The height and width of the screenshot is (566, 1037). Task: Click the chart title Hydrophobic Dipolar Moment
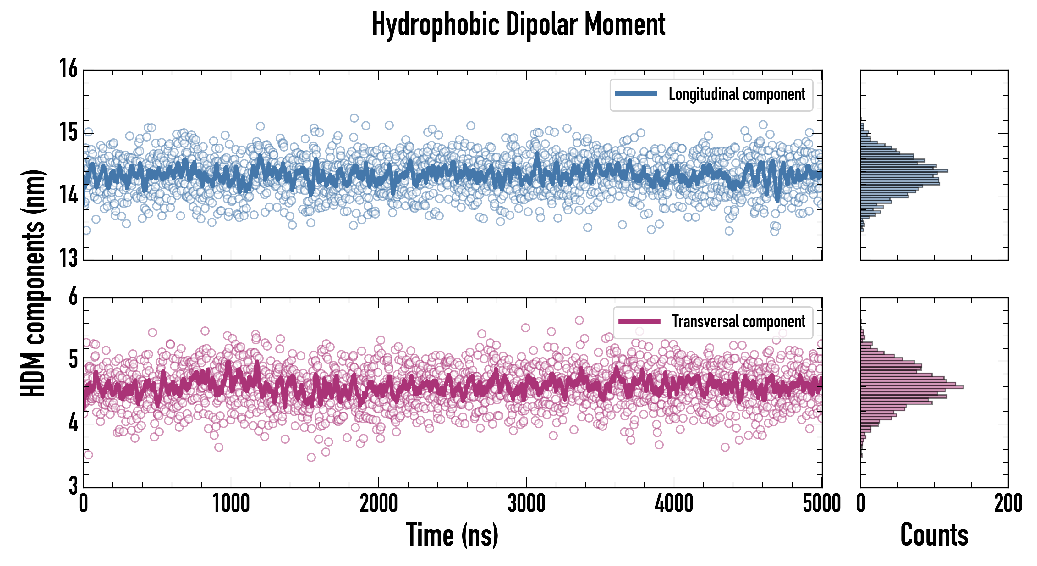(518, 25)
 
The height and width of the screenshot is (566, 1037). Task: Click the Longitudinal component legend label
(737, 94)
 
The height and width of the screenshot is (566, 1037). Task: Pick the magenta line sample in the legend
(639, 321)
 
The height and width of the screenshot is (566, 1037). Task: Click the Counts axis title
(934, 535)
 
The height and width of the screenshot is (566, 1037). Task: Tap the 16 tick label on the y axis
(69, 69)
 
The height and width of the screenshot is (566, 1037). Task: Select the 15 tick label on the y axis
(69, 132)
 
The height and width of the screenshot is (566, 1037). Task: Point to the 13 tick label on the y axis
(69, 258)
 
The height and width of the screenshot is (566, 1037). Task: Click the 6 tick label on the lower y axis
(73, 297)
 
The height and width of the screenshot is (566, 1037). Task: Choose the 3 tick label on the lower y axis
(73, 486)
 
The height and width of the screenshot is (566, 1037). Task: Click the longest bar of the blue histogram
(904, 171)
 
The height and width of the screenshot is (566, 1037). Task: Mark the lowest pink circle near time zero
(88, 455)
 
